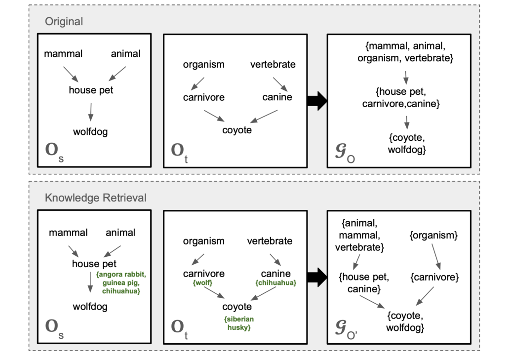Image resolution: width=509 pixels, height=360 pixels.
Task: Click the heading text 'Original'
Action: pyautogui.click(x=64, y=22)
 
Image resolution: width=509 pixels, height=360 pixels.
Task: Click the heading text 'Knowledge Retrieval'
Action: pyautogui.click(x=95, y=198)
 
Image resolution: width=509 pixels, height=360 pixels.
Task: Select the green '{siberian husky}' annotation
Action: pyautogui.click(x=237, y=323)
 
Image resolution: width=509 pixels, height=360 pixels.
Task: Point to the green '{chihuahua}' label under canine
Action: pyautogui.click(x=275, y=283)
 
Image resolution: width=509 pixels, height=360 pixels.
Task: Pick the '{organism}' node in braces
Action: pyautogui.click(x=432, y=236)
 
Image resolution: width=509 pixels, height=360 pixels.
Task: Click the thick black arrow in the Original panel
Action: pyautogui.click(x=316, y=101)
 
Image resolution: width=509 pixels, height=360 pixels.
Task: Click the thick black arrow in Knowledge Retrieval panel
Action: pyautogui.click(x=316, y=278)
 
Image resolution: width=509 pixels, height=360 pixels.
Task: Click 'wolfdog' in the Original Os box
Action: pyautogui.click(x=90, y=132)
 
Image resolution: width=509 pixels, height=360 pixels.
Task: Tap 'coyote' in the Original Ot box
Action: pyautogui.click(x=237, y=130)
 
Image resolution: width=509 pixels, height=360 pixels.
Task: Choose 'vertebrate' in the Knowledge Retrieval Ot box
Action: pyautogui.click(x=270, y=241)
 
